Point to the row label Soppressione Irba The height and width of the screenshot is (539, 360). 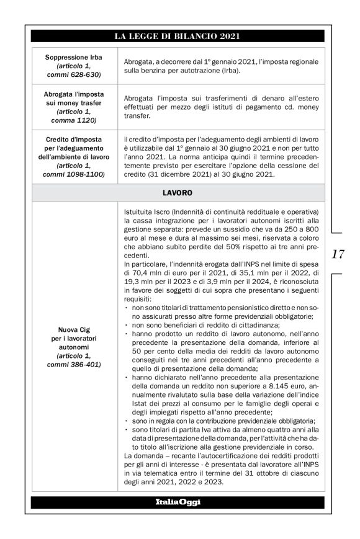(x=74, y=57)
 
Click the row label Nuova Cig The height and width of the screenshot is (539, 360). (x=74, y=330)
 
